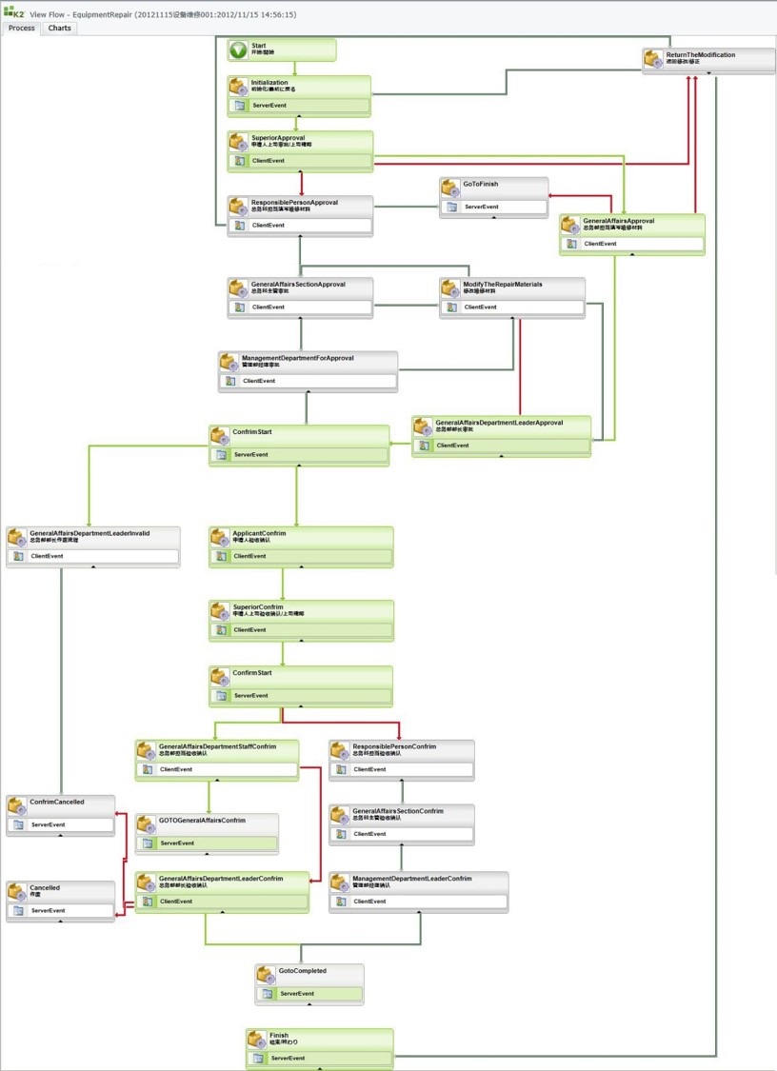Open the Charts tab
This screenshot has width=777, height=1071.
(x=59, y=29)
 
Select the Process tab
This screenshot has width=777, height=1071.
(x=21, y=29)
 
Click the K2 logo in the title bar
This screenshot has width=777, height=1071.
(x=14, y=14)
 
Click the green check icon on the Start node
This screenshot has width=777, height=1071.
(x=238, y=50)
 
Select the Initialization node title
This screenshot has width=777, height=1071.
(x=269, y=83)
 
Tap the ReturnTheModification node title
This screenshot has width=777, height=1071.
(x=700, y=55)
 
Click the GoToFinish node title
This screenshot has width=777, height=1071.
(x=481, y=184)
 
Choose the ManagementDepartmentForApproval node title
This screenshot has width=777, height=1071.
(x=297, y=358)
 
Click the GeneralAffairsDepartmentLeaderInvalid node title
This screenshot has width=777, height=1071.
(x=90, y=533)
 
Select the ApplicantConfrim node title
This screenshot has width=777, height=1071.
(x=259, y=533)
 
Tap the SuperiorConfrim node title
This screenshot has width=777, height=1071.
(x=258, y=606)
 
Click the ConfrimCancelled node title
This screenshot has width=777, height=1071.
(x=56, y=802)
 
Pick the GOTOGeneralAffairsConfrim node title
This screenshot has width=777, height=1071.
(x=202, y=820)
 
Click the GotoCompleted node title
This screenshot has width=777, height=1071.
(x=302, y=971)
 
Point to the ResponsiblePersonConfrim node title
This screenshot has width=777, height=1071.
(x=393, y=746)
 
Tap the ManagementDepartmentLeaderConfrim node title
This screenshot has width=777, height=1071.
(x=411, y=879)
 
